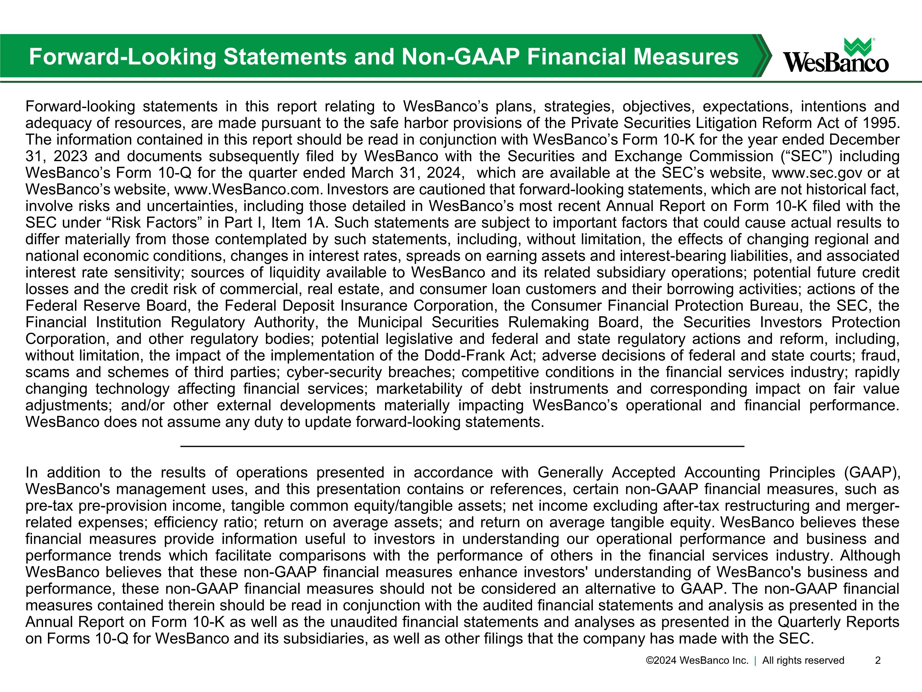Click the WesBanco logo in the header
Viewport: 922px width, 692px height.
coord(835,56)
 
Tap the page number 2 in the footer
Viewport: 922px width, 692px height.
coord(877,660)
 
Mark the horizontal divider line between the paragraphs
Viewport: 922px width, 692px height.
coord(462,446)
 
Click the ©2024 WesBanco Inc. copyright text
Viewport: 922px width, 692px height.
coord(697,660)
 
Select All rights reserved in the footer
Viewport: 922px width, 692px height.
coord(803,660)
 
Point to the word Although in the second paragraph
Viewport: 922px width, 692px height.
coord(870,556)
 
